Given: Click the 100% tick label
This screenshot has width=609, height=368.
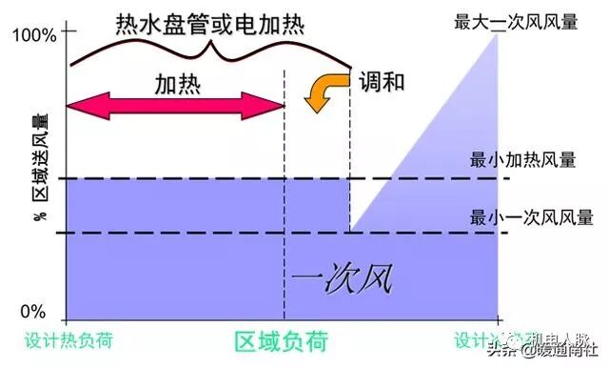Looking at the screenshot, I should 34,36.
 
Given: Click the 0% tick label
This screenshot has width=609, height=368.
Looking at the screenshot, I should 33,312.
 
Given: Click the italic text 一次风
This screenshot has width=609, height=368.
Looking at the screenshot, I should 342,279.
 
